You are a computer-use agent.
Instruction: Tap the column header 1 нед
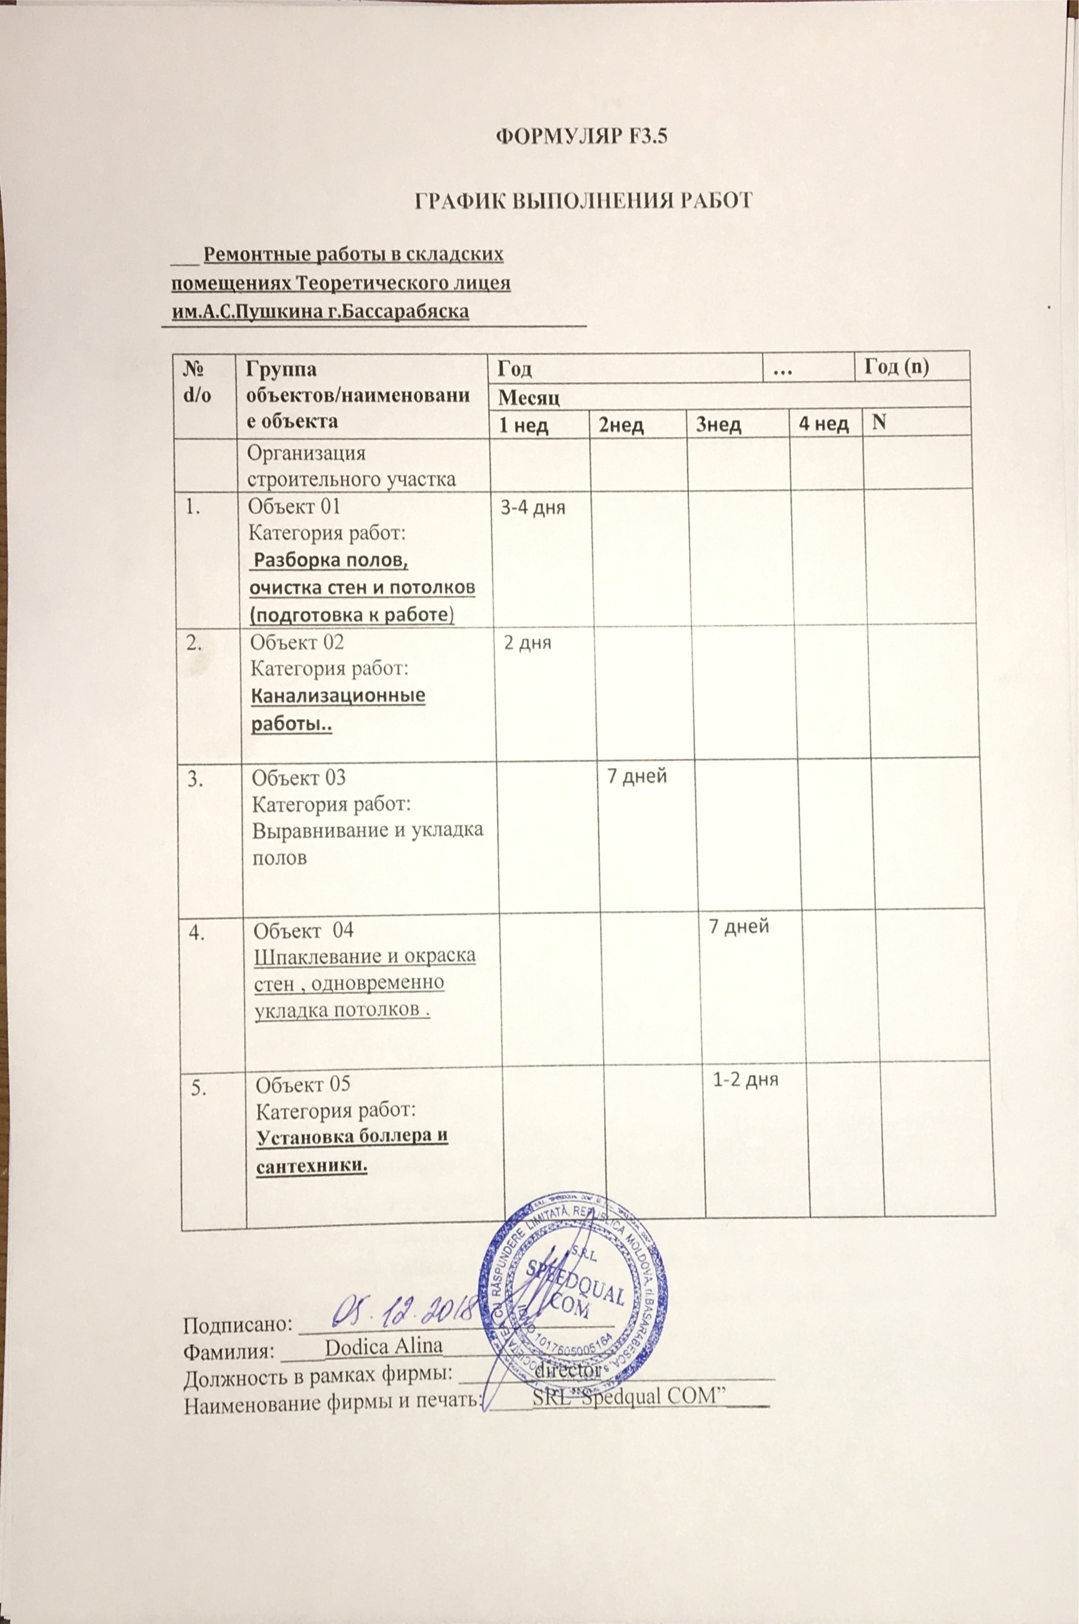coord(523,425)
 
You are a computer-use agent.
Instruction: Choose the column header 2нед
coord(621,426)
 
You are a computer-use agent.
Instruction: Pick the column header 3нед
coord(718,425)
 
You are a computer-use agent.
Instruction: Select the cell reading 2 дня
coord(528,644)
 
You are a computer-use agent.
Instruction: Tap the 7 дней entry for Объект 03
coord(636,777)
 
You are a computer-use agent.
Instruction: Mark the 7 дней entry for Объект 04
coord(738,927)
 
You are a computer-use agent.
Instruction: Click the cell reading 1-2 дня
coord(745,1079)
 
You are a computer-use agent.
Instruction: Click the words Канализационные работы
coord(337,709)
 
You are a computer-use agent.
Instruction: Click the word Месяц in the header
coord(528,397)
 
